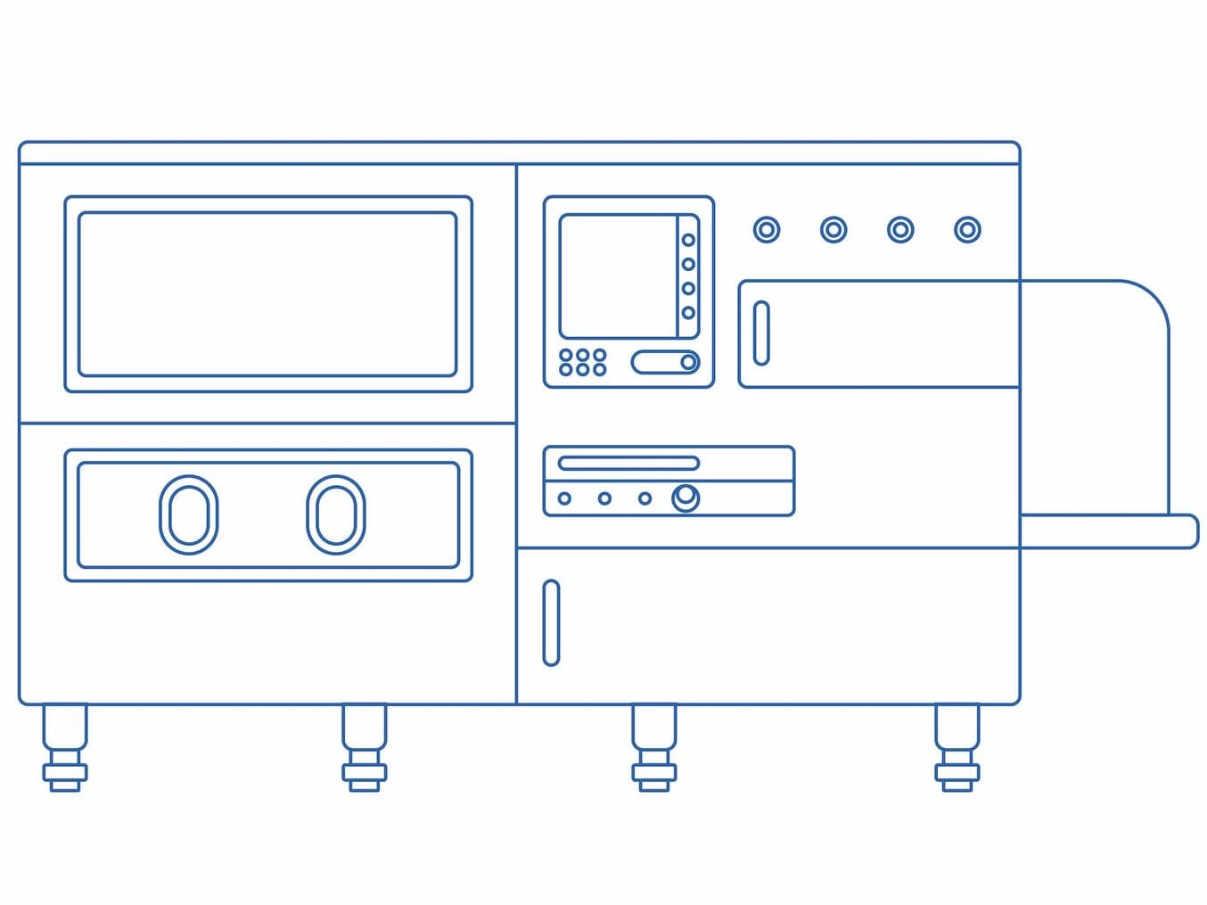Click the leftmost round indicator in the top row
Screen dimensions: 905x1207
[x=767, y=230]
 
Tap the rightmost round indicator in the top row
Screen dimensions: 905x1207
[x=967, y=230]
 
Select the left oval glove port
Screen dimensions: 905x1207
[x=189, y=514]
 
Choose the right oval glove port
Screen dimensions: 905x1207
[x=335, y=514]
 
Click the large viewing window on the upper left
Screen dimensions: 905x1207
[x=267, y=294]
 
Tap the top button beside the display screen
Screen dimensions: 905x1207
[x=688, y=240]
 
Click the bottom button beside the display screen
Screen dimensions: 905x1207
[x=688, y=313]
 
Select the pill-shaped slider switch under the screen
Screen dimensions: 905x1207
[x=665, y=362]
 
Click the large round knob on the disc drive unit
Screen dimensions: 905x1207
[x=686, y=497]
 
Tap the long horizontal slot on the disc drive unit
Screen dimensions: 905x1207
[x=628, y=463]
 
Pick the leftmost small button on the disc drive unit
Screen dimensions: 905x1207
[x=564, y=498]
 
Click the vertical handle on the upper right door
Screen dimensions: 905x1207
[x=761, y=333]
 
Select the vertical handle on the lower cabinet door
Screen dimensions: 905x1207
[x=551, y=622]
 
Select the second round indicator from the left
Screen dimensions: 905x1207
[x=833, y=230]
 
